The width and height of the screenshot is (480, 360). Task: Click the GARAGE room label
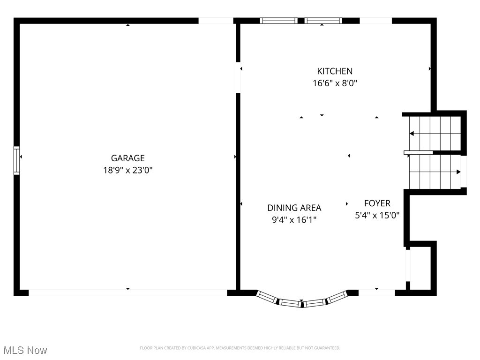pos(127,158)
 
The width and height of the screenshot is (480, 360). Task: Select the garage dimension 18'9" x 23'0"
pos(127,170)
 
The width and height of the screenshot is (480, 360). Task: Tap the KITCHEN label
pos(335,71)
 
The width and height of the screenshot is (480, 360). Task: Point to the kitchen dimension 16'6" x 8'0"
pos(335,83)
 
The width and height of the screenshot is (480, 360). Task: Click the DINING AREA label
pos(294,208)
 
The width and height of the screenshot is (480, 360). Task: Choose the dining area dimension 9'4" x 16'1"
pos(294,219)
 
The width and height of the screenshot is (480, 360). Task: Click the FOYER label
pos(377,203)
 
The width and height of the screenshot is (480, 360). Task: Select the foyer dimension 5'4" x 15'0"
pos(377,216)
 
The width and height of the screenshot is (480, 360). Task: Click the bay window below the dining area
pos(302,301)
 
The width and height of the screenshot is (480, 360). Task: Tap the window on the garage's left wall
pos(17,160)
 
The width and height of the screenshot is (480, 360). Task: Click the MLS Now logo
pos(25,350)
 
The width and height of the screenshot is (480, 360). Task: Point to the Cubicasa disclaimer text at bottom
pos(240,348)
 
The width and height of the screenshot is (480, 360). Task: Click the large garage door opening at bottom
pos(127,292)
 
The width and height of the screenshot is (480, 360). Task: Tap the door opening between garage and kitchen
pos(238,77)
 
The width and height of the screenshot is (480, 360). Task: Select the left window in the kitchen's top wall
pos(278,21)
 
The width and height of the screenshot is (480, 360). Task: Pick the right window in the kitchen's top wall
pos(323,21)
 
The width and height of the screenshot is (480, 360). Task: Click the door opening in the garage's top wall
pos(216,21)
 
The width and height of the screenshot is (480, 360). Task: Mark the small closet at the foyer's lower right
pos(421,267)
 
